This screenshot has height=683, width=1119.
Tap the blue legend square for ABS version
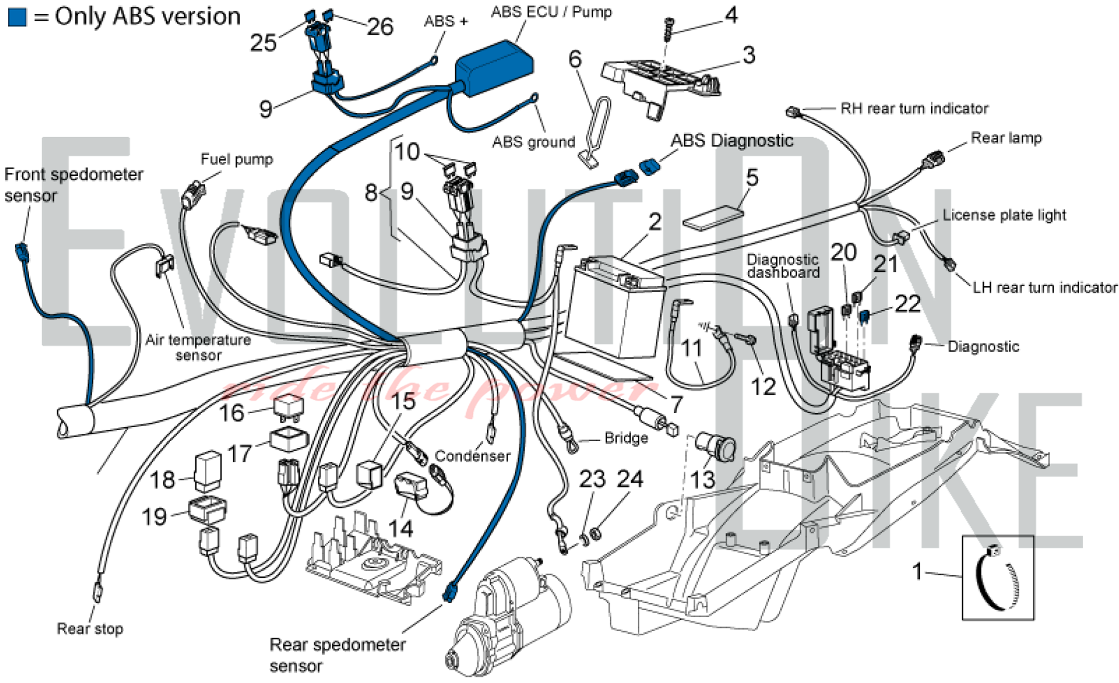pos(17,17)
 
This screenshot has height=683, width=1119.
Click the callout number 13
pos(702,480)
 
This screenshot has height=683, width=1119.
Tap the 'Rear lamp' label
pos(1006,138)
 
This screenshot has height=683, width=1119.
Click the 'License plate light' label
pos(1004,215)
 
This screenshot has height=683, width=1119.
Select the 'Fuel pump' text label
pos(237,160)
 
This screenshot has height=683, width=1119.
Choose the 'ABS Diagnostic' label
pos(732,141)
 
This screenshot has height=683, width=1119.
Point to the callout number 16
pos(231,413)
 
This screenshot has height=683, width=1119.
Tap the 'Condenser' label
pos(472,456)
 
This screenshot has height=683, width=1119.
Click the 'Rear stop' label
pos(90,629)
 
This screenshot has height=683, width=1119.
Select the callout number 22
pos(908,304)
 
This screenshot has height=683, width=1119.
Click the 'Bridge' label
pos(626,438)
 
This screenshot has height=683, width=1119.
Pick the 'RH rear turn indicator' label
pos(914,109)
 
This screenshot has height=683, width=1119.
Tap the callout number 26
pos(380,27)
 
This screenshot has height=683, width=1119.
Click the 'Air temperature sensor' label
pos(198,347)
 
